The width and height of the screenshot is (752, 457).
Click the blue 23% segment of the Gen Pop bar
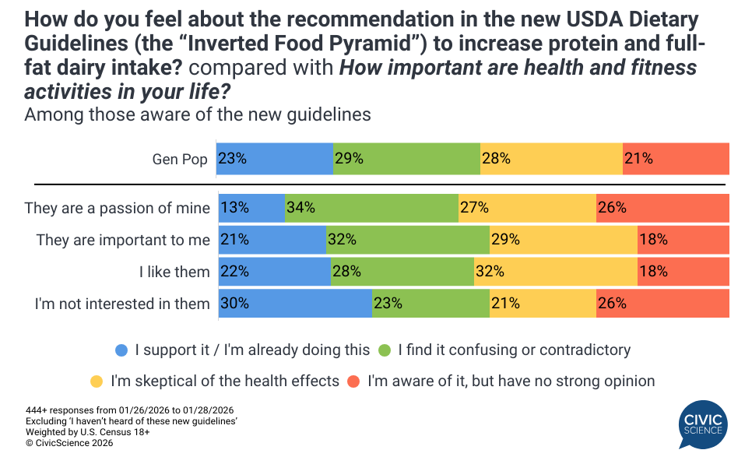coord(274,159)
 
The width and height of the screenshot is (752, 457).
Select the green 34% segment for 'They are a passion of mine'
coord(371,208)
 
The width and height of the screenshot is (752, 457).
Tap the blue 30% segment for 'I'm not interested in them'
coord(295,303)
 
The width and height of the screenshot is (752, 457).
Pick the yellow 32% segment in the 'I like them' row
coord(556,271)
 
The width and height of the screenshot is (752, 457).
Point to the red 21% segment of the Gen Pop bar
coord(676,159)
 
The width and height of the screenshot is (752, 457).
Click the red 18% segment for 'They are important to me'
coord(683,240)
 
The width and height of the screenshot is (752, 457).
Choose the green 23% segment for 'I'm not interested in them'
coord(430,303)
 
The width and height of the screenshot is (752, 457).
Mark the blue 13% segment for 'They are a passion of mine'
coord(251,208)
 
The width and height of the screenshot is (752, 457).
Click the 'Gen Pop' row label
coord(180,160)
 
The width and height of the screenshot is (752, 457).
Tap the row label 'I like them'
coord(174,272)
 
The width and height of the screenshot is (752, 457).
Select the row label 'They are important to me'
coord(123,240)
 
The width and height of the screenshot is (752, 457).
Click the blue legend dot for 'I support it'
coord(121,350)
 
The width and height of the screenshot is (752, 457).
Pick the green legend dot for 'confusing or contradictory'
coord(385,350)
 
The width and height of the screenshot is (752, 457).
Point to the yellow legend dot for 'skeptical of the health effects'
coord(97,381)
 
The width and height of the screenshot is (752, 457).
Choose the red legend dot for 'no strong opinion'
coord(353,381)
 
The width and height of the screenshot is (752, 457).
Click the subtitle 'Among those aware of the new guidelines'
coord(198,114)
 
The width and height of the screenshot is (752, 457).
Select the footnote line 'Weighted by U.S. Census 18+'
coord(76,431)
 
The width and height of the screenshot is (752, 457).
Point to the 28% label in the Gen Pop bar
coord(496,159)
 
